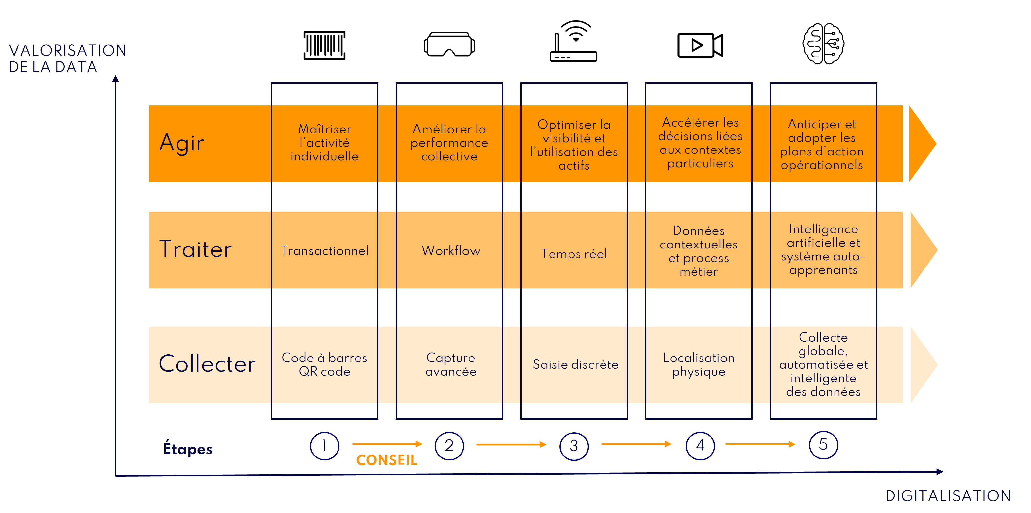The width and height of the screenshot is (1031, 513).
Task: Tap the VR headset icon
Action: tap(449, 44)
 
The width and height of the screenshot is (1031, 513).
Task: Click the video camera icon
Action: tap(700, 45)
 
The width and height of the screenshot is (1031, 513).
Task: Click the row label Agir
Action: tap(182, 143)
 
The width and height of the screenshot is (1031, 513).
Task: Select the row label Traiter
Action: tap(195, 249)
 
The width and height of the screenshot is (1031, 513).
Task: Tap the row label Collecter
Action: tap(207, 364)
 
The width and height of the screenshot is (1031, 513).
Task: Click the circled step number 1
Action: tap(325, 446)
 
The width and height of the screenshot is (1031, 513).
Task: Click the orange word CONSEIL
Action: tap(387, 460)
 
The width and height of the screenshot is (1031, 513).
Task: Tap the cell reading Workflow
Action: tap(451, 251)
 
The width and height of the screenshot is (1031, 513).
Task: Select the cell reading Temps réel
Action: tap(574, 254)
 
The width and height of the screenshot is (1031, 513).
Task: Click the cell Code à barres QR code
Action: tap(325, 364)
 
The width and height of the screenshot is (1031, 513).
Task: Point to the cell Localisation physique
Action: tap(699, 364)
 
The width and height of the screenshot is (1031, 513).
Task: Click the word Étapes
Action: tap(188, 449)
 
